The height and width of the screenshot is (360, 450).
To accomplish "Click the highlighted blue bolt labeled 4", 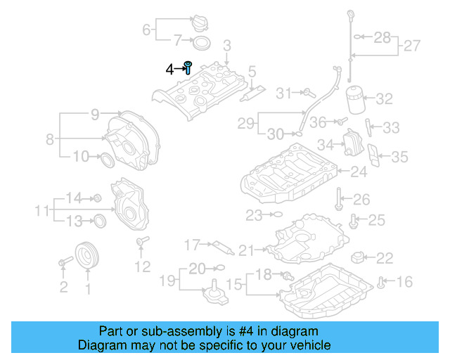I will click(188, 67).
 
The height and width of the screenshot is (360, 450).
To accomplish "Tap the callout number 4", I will click(169, 69).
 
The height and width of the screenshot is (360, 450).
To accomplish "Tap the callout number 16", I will click(404, 282).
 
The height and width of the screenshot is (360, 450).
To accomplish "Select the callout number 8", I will click(50, 139).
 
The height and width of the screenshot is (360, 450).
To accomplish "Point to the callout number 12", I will click(143, 266).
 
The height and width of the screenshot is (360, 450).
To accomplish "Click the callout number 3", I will click(227, 45).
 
